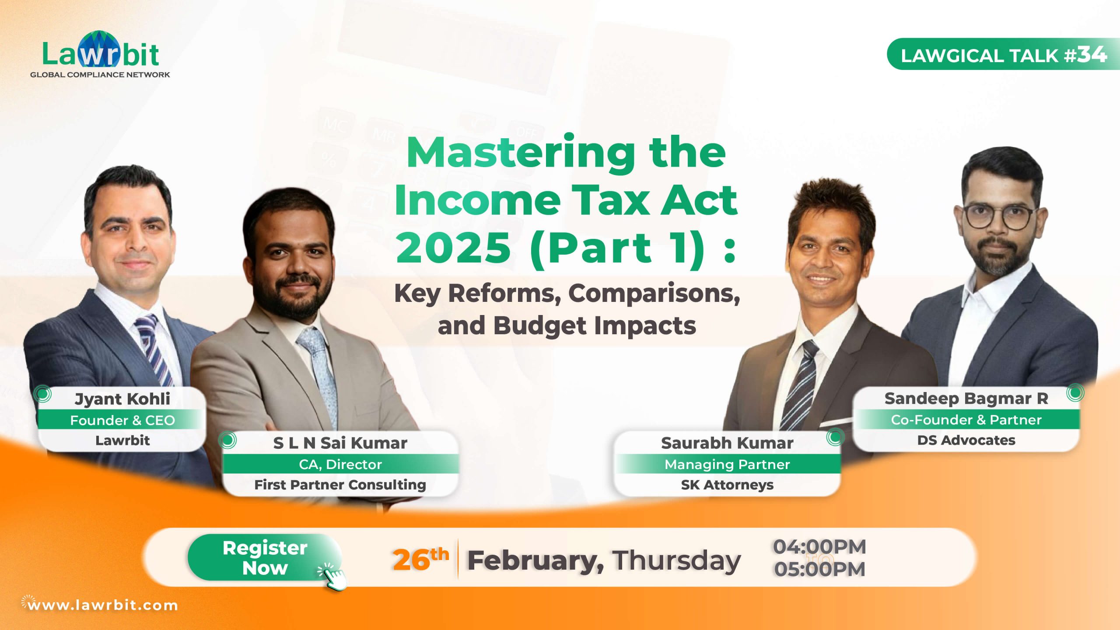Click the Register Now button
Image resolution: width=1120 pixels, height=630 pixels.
pos(265,558)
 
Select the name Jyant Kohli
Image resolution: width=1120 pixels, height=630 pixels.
pos(122,399)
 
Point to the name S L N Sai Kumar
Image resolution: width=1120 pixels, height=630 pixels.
pos(340,443)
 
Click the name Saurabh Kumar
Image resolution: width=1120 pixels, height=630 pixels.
pos(727,443)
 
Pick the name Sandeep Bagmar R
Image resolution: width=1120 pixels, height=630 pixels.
pos(966,399)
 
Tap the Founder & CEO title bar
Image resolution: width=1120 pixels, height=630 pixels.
pos(122,420)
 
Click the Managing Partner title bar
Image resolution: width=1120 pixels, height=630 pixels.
pos(727,464)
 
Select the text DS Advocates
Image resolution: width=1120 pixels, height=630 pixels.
pos(966,440)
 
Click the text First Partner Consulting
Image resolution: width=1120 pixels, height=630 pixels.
pos(340,485)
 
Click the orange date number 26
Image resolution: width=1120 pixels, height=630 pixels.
pos(412,560)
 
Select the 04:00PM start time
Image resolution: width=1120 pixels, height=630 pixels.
pos(819,547)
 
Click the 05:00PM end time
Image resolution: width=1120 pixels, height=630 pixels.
pos(819,570)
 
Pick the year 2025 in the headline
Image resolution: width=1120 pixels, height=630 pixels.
pos(453,248)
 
